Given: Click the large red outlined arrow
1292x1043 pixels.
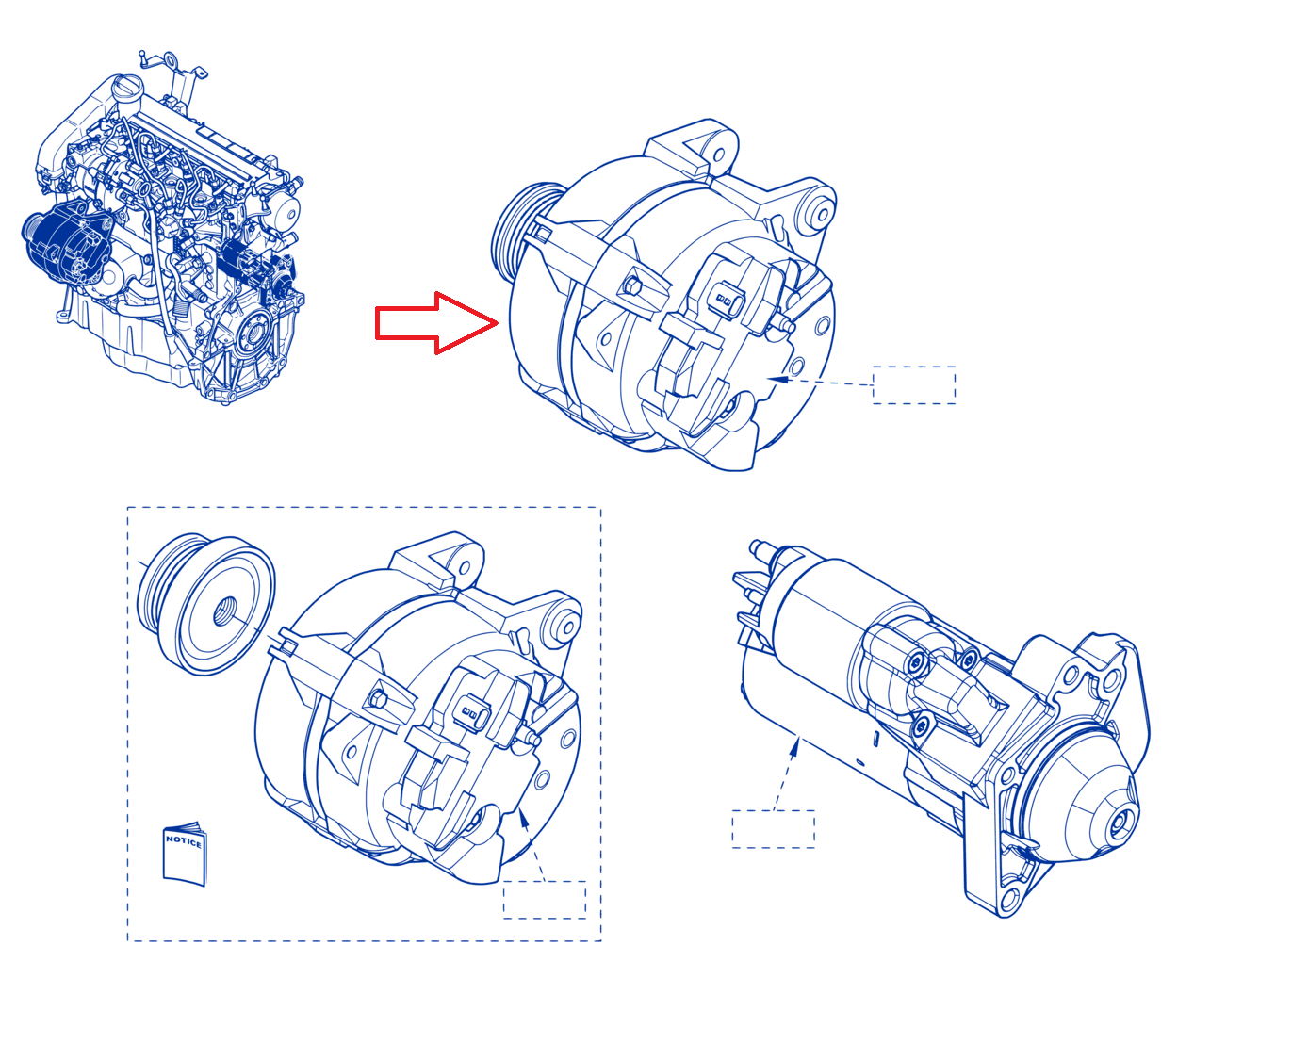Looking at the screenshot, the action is tap(435, 323).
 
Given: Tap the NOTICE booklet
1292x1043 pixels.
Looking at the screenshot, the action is tap(185, 855).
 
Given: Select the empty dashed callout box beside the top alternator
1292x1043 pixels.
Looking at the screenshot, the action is tap(913, 385).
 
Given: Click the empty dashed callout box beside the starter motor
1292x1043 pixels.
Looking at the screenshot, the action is tap(773, 829).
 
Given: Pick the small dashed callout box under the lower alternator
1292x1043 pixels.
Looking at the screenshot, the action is tap(544, 900).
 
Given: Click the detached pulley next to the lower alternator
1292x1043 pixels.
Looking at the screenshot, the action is tap(206, 604).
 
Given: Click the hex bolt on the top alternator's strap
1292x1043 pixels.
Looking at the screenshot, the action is tap(631, 285).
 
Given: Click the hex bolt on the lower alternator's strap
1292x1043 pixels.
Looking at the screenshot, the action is tap(378, 698).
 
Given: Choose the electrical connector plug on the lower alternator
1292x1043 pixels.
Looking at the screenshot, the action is tap(470, 712).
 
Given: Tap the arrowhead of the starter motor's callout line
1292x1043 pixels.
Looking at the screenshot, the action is tap(794, 749).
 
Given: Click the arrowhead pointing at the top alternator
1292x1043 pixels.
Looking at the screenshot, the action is tap(778, 379).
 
